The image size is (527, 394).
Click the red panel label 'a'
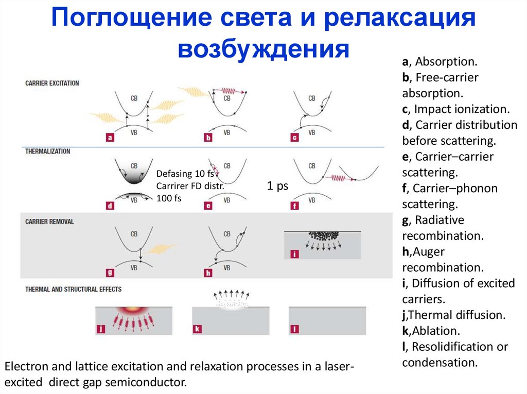point(110,137)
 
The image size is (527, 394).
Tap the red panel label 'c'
point(294,137)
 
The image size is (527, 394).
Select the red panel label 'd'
point(110,206)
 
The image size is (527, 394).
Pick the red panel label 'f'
point(294,206)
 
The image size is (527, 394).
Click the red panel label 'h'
point(208,273)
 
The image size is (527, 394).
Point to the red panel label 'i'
point(294,254)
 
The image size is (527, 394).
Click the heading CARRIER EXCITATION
point(52,83)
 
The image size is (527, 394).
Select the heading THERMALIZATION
point(48,152)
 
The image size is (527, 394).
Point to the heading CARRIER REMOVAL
point(49,221)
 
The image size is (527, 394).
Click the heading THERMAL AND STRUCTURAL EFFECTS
point(74,289)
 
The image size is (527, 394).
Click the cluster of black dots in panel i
point(323,236)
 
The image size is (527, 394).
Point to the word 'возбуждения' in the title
point(263,49)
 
